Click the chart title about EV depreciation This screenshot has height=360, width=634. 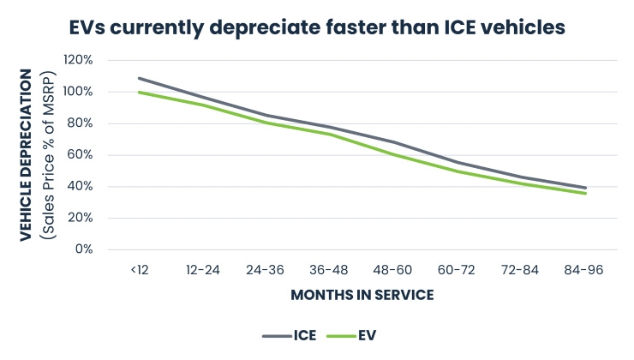tap(317, 27)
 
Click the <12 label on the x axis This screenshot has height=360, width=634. tap(139, 269)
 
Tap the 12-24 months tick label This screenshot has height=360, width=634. tap(203, 269)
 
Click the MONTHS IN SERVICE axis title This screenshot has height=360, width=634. tap(362, 295)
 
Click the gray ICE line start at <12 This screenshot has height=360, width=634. tap(139, 78)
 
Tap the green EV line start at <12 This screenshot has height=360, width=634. tap(139, 93)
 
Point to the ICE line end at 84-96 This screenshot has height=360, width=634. tap(585, 188)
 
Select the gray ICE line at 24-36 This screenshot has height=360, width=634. tap(266, 115)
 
